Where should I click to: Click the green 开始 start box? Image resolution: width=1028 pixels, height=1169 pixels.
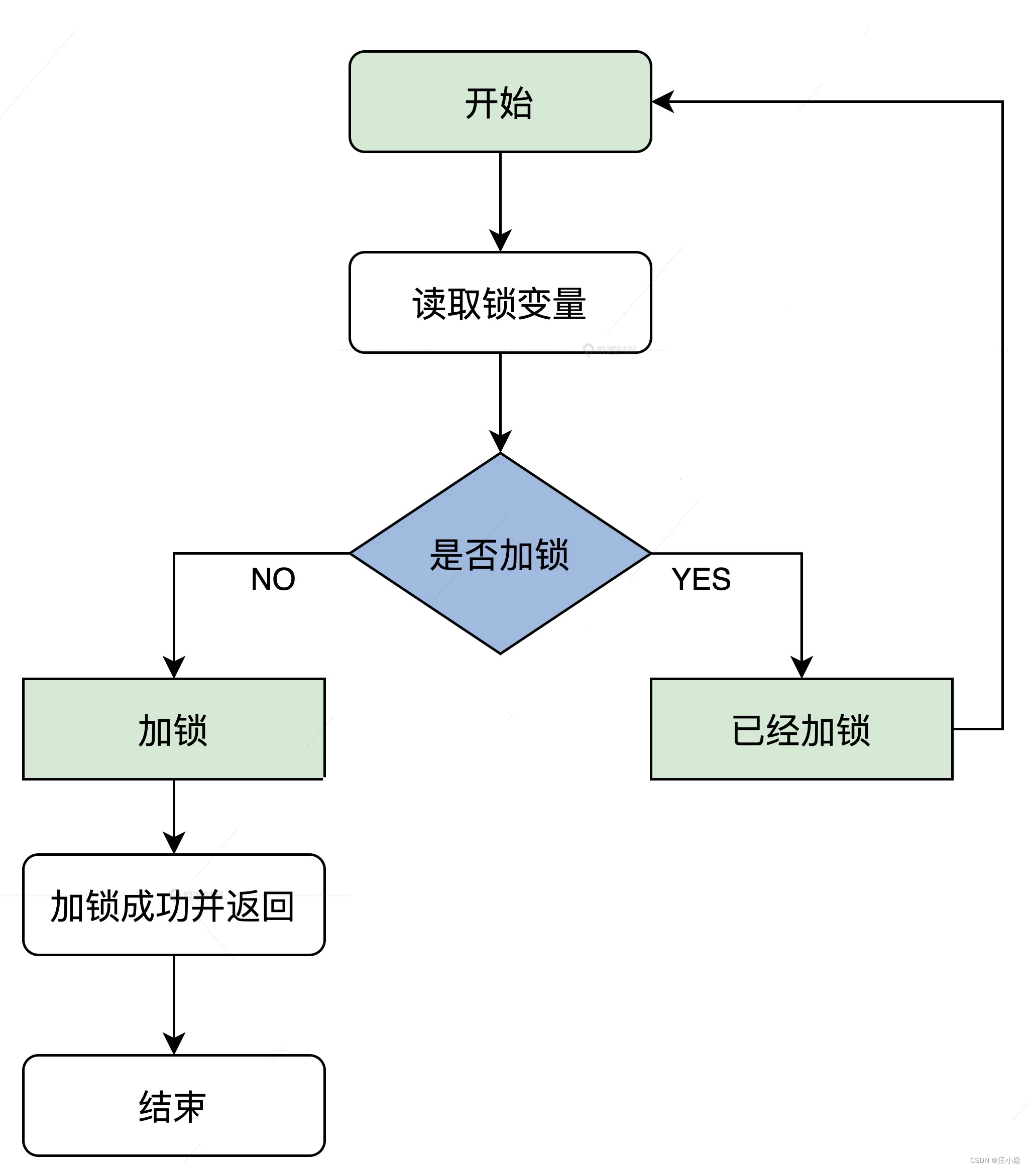tap(500, 102)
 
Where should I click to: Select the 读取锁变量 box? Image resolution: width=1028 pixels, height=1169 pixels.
tap(500, 303)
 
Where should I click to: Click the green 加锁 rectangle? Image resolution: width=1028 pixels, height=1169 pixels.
tap(173, 729)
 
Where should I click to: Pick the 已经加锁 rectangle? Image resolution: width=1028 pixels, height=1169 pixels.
tap(801, 729)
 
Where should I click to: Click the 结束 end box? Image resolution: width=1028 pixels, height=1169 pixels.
tap(173, 1106)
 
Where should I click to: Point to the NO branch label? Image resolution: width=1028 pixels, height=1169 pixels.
tap(273, 579)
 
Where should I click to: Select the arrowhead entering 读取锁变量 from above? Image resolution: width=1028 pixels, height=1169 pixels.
tap(500, 241)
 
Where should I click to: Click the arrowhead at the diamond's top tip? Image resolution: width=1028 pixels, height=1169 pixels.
tap(500, 442)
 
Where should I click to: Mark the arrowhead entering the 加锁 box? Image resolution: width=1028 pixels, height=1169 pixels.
tap(173, 667)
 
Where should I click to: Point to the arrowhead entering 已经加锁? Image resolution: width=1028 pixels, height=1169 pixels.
tap(801, 667)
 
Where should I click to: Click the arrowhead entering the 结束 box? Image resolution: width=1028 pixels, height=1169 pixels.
tap(173, 1044)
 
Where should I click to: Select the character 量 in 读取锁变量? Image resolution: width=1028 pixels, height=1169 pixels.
tap(569, 304)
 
